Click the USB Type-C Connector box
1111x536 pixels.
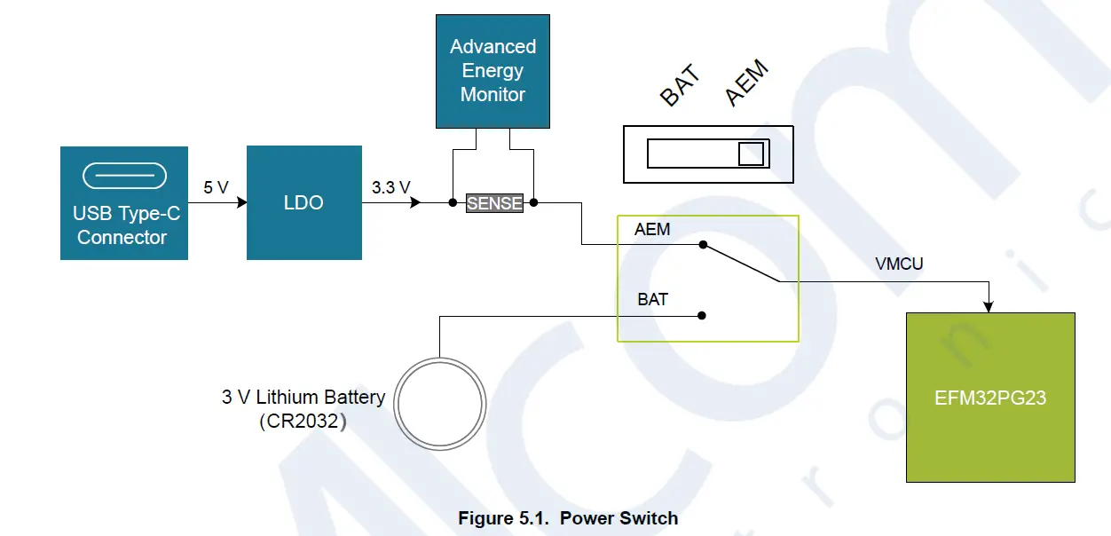click(123, 203)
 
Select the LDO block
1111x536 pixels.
click(303, 203)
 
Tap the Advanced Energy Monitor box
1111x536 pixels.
click(492, 71)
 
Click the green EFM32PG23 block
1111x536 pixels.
click(989, 398)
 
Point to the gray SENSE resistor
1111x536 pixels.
click(494, 203)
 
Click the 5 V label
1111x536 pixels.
click(216, 187)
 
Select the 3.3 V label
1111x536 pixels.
click(390, 187)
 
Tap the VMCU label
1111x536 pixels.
click(899, 264)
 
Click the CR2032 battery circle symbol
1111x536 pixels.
click(440, 404)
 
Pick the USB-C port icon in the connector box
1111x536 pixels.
click(123, 176)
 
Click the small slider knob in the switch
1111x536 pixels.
click(751, 154)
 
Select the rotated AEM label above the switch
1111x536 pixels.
click(746, 84)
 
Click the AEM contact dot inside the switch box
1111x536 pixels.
click(702, 244)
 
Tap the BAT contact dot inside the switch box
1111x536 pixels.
click(702, 315)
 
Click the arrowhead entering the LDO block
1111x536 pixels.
click(240, 203)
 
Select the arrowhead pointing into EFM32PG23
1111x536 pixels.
click(989, 306)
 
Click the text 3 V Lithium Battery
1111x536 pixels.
click(303, 397)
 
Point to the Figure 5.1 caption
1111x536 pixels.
click(568, 518)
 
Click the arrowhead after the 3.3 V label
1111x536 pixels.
click(414, 203)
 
